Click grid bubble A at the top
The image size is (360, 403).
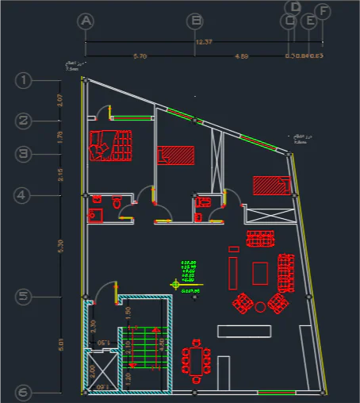[86, 21]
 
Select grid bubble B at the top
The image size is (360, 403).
[194, 21]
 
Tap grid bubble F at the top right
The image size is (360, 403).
[322, 11]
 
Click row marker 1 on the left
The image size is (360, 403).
[24, 80]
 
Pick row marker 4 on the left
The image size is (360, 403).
[24, 194]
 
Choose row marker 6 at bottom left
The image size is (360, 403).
[24, 393]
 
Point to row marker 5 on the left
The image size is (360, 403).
[24, 297]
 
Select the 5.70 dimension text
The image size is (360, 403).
[140, 56]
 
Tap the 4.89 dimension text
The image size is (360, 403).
[241, 56]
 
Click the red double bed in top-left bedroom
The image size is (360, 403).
[111, 145]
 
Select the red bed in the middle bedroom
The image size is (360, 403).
[175, 155]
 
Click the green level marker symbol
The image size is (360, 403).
[175, 283]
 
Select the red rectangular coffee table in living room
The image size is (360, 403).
[260, 272]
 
